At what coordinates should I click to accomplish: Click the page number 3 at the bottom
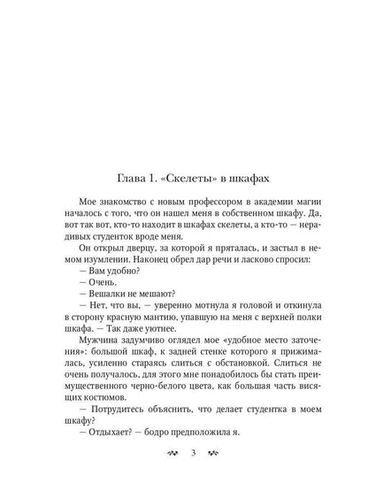click(184, 456)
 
